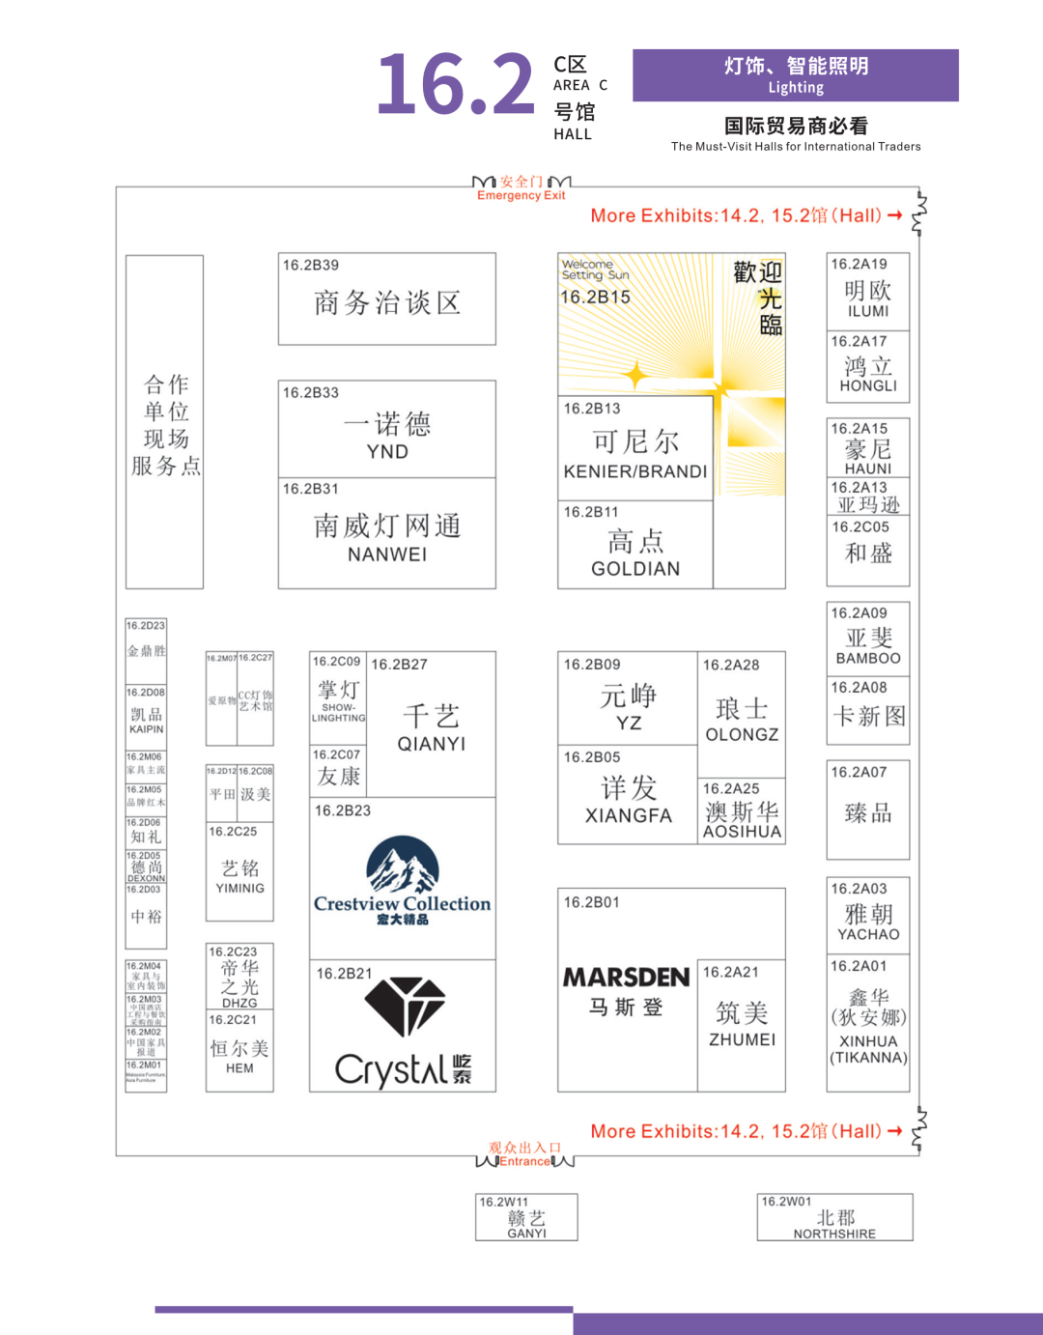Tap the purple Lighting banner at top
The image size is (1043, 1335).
pyautogui.click(x=795, y=75)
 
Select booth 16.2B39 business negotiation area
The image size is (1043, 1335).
pyautogui.click(x=386, y=299)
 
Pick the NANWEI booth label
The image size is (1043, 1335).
pyautogui.click(x=386, y=554)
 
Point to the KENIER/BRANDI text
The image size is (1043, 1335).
pyautogui.click(x=635, y=472)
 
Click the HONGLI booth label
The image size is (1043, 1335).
pyautogui.click(x=867, y=385)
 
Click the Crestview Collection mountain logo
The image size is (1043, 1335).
pyautogui.click(x=402, y=867)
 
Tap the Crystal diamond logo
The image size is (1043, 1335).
pyautogui.click(x=404, y=1007)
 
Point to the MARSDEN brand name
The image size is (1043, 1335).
pyautogui.click(x=626, y=978)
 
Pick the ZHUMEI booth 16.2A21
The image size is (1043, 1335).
pyautogui.click(x=741, y=1024)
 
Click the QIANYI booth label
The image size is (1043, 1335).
pyautogui.click(x=431, y=744)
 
